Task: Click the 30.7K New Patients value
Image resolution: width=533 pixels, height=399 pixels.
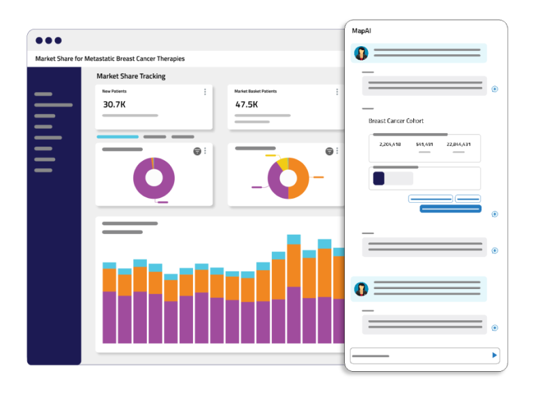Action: click(x=114, y=104)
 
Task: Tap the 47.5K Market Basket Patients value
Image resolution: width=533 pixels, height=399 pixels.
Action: click(x=246, y=104)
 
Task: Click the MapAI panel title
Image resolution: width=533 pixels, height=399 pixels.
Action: click(x=362, y=31)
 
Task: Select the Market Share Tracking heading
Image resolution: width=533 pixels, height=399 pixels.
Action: click(x=131, y=76)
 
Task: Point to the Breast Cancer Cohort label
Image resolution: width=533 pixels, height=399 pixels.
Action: click(x=396, y=121)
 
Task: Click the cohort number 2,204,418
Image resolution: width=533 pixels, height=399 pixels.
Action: click(x=390, y=144)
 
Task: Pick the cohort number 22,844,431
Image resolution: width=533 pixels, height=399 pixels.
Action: click(x=458, y=144)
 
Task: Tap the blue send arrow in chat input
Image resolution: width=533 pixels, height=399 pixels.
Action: click(x=494, y=356)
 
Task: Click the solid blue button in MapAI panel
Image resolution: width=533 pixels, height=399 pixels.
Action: click(x=450, y=209)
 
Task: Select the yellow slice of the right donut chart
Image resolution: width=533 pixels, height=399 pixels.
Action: click(x=283, y=164)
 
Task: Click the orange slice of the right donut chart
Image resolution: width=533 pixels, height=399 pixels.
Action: click(x=298, y=178)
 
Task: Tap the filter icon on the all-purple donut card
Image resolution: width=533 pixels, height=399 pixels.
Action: click(x=197, y=151)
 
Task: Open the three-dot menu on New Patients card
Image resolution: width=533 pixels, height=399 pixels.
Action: click(x=205, y=92)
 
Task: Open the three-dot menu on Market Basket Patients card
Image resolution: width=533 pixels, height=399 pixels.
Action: click(x=337, y=92)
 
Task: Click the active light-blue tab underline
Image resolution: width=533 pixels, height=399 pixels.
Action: click(x=118, y=137)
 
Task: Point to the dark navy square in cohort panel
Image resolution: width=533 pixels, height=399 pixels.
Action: click(x=379, y=178)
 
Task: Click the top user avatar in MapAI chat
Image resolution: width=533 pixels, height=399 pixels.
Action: click(x=362, y=53)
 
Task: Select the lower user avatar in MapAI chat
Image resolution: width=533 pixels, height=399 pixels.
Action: click(x=362, y=289)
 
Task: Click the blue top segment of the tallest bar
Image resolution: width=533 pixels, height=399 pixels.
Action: click(x=294, y=240)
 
